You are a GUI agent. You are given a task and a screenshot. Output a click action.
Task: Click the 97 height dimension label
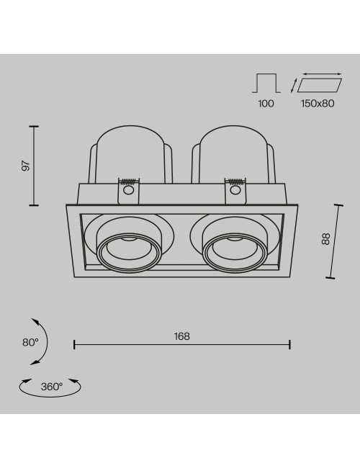pos(26,166)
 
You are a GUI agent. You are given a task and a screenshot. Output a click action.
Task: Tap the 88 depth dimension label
pos(325,239)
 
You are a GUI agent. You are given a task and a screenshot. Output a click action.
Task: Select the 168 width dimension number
pos(181,336)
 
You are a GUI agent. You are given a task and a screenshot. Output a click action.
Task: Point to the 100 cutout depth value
pos(266,104)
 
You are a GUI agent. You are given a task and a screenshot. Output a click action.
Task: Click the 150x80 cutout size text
pos(318,104)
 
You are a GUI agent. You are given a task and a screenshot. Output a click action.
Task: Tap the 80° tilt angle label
pos(30,342)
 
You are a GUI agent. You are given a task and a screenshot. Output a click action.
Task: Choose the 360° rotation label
pos(52,387)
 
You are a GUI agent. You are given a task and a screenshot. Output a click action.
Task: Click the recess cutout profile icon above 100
pos(266,83)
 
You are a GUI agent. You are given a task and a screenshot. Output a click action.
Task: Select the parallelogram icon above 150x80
pos(320,84)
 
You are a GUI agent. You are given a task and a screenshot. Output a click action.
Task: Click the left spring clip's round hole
pos(129,190)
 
